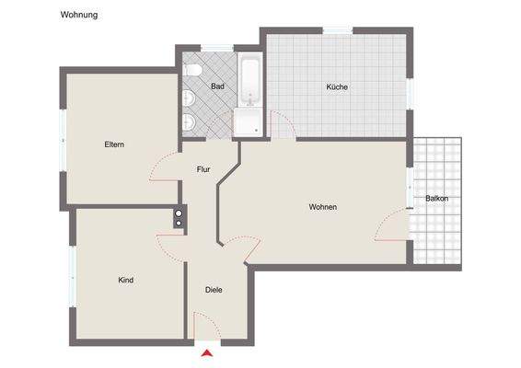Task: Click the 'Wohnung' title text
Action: (x=79, y=16)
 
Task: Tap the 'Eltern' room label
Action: (x=114, y=144)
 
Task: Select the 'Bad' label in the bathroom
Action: (x=217, y=86)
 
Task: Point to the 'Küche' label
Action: (x=336, y=87)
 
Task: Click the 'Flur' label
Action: (x=204, y=169)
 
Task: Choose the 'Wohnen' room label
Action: (x=322, y=207)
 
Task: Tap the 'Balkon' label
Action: (x=436, y=199)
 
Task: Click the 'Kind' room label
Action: (x=126, y=280)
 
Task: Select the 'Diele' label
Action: (x=214, y=290)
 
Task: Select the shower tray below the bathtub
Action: (x=247, y=121)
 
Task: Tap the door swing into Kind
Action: (x=170, y=245)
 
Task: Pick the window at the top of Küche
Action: (x=337, y=31)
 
